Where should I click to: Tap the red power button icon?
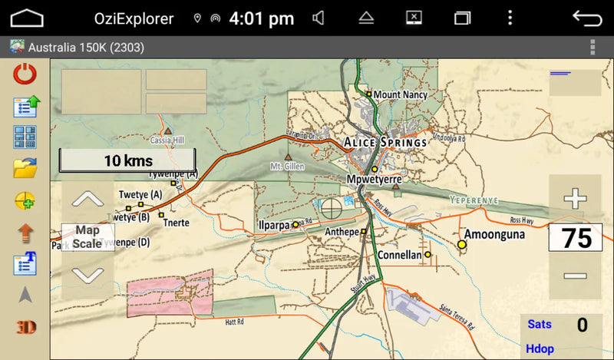click(x=25, y=74)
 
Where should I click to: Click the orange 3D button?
click(x=25, y=327)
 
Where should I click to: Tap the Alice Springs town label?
click(x=385, y=143)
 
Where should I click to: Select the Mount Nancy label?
click(x=400, y=94)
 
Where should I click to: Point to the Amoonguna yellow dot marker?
click(x=462, y=244)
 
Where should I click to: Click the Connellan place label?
click(x=399, y=255)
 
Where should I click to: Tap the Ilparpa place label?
click(x=274, y=225)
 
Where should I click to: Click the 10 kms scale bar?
click(x=127, y=160)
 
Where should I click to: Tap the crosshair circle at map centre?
click(x=332, y=207)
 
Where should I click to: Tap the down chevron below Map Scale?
click(x=87, y=273)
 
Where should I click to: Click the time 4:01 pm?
click(x=262, y=18)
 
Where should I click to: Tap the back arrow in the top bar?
click(x=587, y=18)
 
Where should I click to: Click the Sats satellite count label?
click(x=540, y=325)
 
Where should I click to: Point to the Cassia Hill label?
click(x=167, y=140)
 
